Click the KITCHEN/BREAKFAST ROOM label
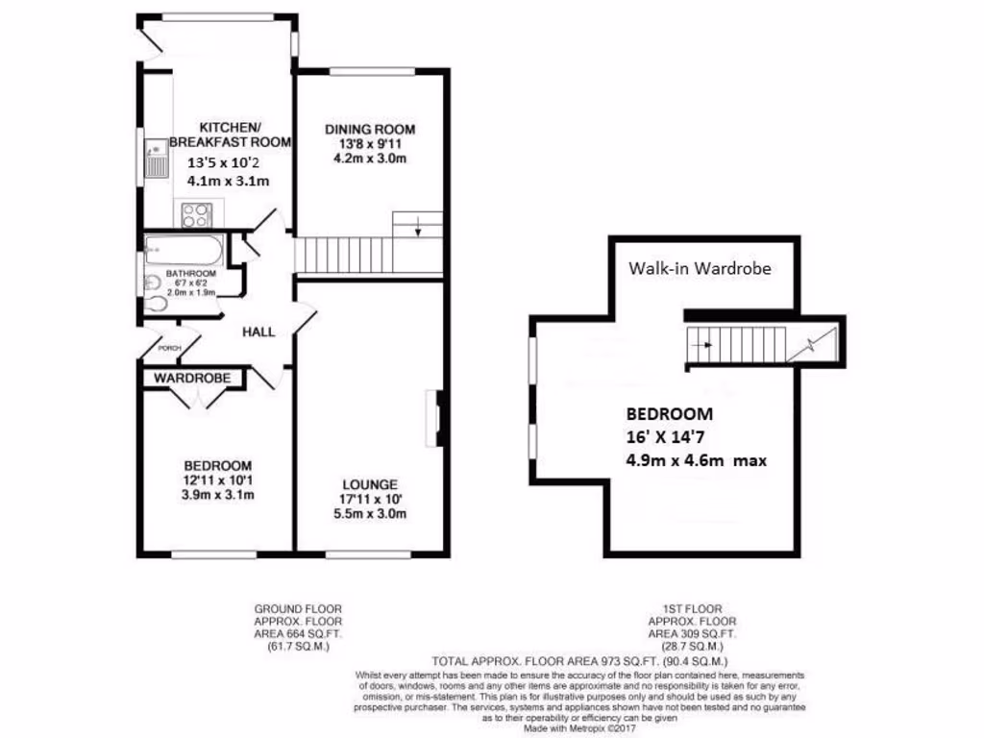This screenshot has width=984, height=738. click(x=230, y=135)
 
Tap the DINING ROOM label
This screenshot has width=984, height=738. click(x=369, y=130)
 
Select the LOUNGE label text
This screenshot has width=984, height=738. click(x=369, y=484)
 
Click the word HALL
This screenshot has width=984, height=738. click(x=258, y=332)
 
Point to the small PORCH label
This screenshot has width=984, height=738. click(x=170, y=349)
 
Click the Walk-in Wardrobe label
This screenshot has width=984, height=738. click(x=700, y=269)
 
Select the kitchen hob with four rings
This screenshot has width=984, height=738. click(x=196, y=214)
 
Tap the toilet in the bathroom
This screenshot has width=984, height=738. click(x=158, y=303)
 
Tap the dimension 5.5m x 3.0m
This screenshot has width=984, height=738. click(x=369, y=513)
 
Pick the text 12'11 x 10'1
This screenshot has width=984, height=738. click(x=216, y=480)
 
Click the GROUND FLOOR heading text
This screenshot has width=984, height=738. click(x=297, y=609)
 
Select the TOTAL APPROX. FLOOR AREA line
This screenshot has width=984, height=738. click(x=579, y=662)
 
